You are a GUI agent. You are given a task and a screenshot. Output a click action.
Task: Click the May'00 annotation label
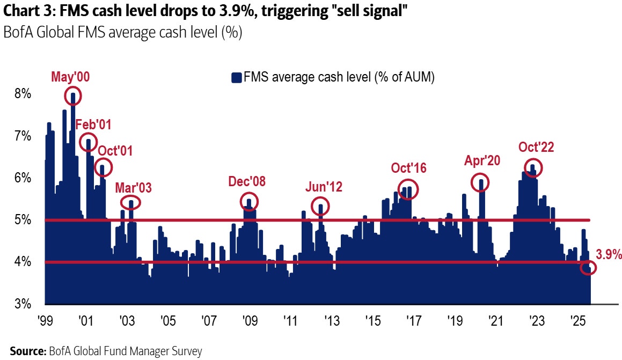pos(70,77)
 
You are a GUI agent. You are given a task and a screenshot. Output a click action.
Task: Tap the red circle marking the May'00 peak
pos(73,97)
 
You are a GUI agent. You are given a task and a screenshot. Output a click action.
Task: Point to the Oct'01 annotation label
pos(115,150)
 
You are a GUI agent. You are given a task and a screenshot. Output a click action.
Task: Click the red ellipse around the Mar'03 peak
pos(130,202)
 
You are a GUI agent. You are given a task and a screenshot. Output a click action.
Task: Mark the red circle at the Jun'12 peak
pos(320,206)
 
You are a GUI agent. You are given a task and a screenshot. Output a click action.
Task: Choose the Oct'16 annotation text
pos(409,168)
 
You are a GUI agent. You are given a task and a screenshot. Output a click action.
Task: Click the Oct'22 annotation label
pos(536,147)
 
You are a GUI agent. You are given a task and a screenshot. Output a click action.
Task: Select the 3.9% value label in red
pos(609,254)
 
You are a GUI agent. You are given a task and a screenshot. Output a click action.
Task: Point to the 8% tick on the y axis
pos(24,94)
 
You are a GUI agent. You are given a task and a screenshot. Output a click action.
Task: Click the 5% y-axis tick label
pos(24,220)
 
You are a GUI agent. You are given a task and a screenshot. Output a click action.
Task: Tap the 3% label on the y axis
pos(24,304)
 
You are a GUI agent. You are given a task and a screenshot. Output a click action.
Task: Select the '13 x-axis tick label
pos(331,321)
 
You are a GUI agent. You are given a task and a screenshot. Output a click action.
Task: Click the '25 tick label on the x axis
pos(577,321)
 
